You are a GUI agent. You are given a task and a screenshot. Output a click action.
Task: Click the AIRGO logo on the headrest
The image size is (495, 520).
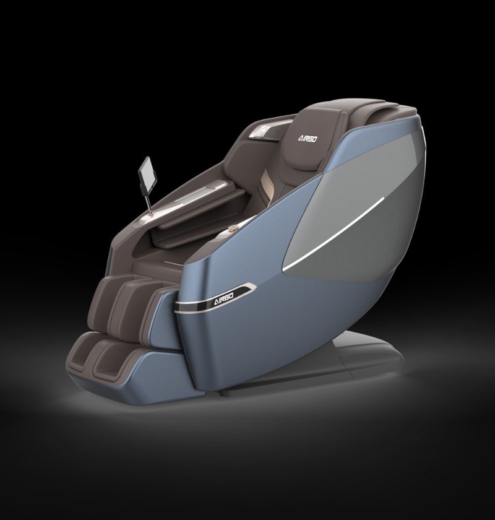[307, 138]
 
